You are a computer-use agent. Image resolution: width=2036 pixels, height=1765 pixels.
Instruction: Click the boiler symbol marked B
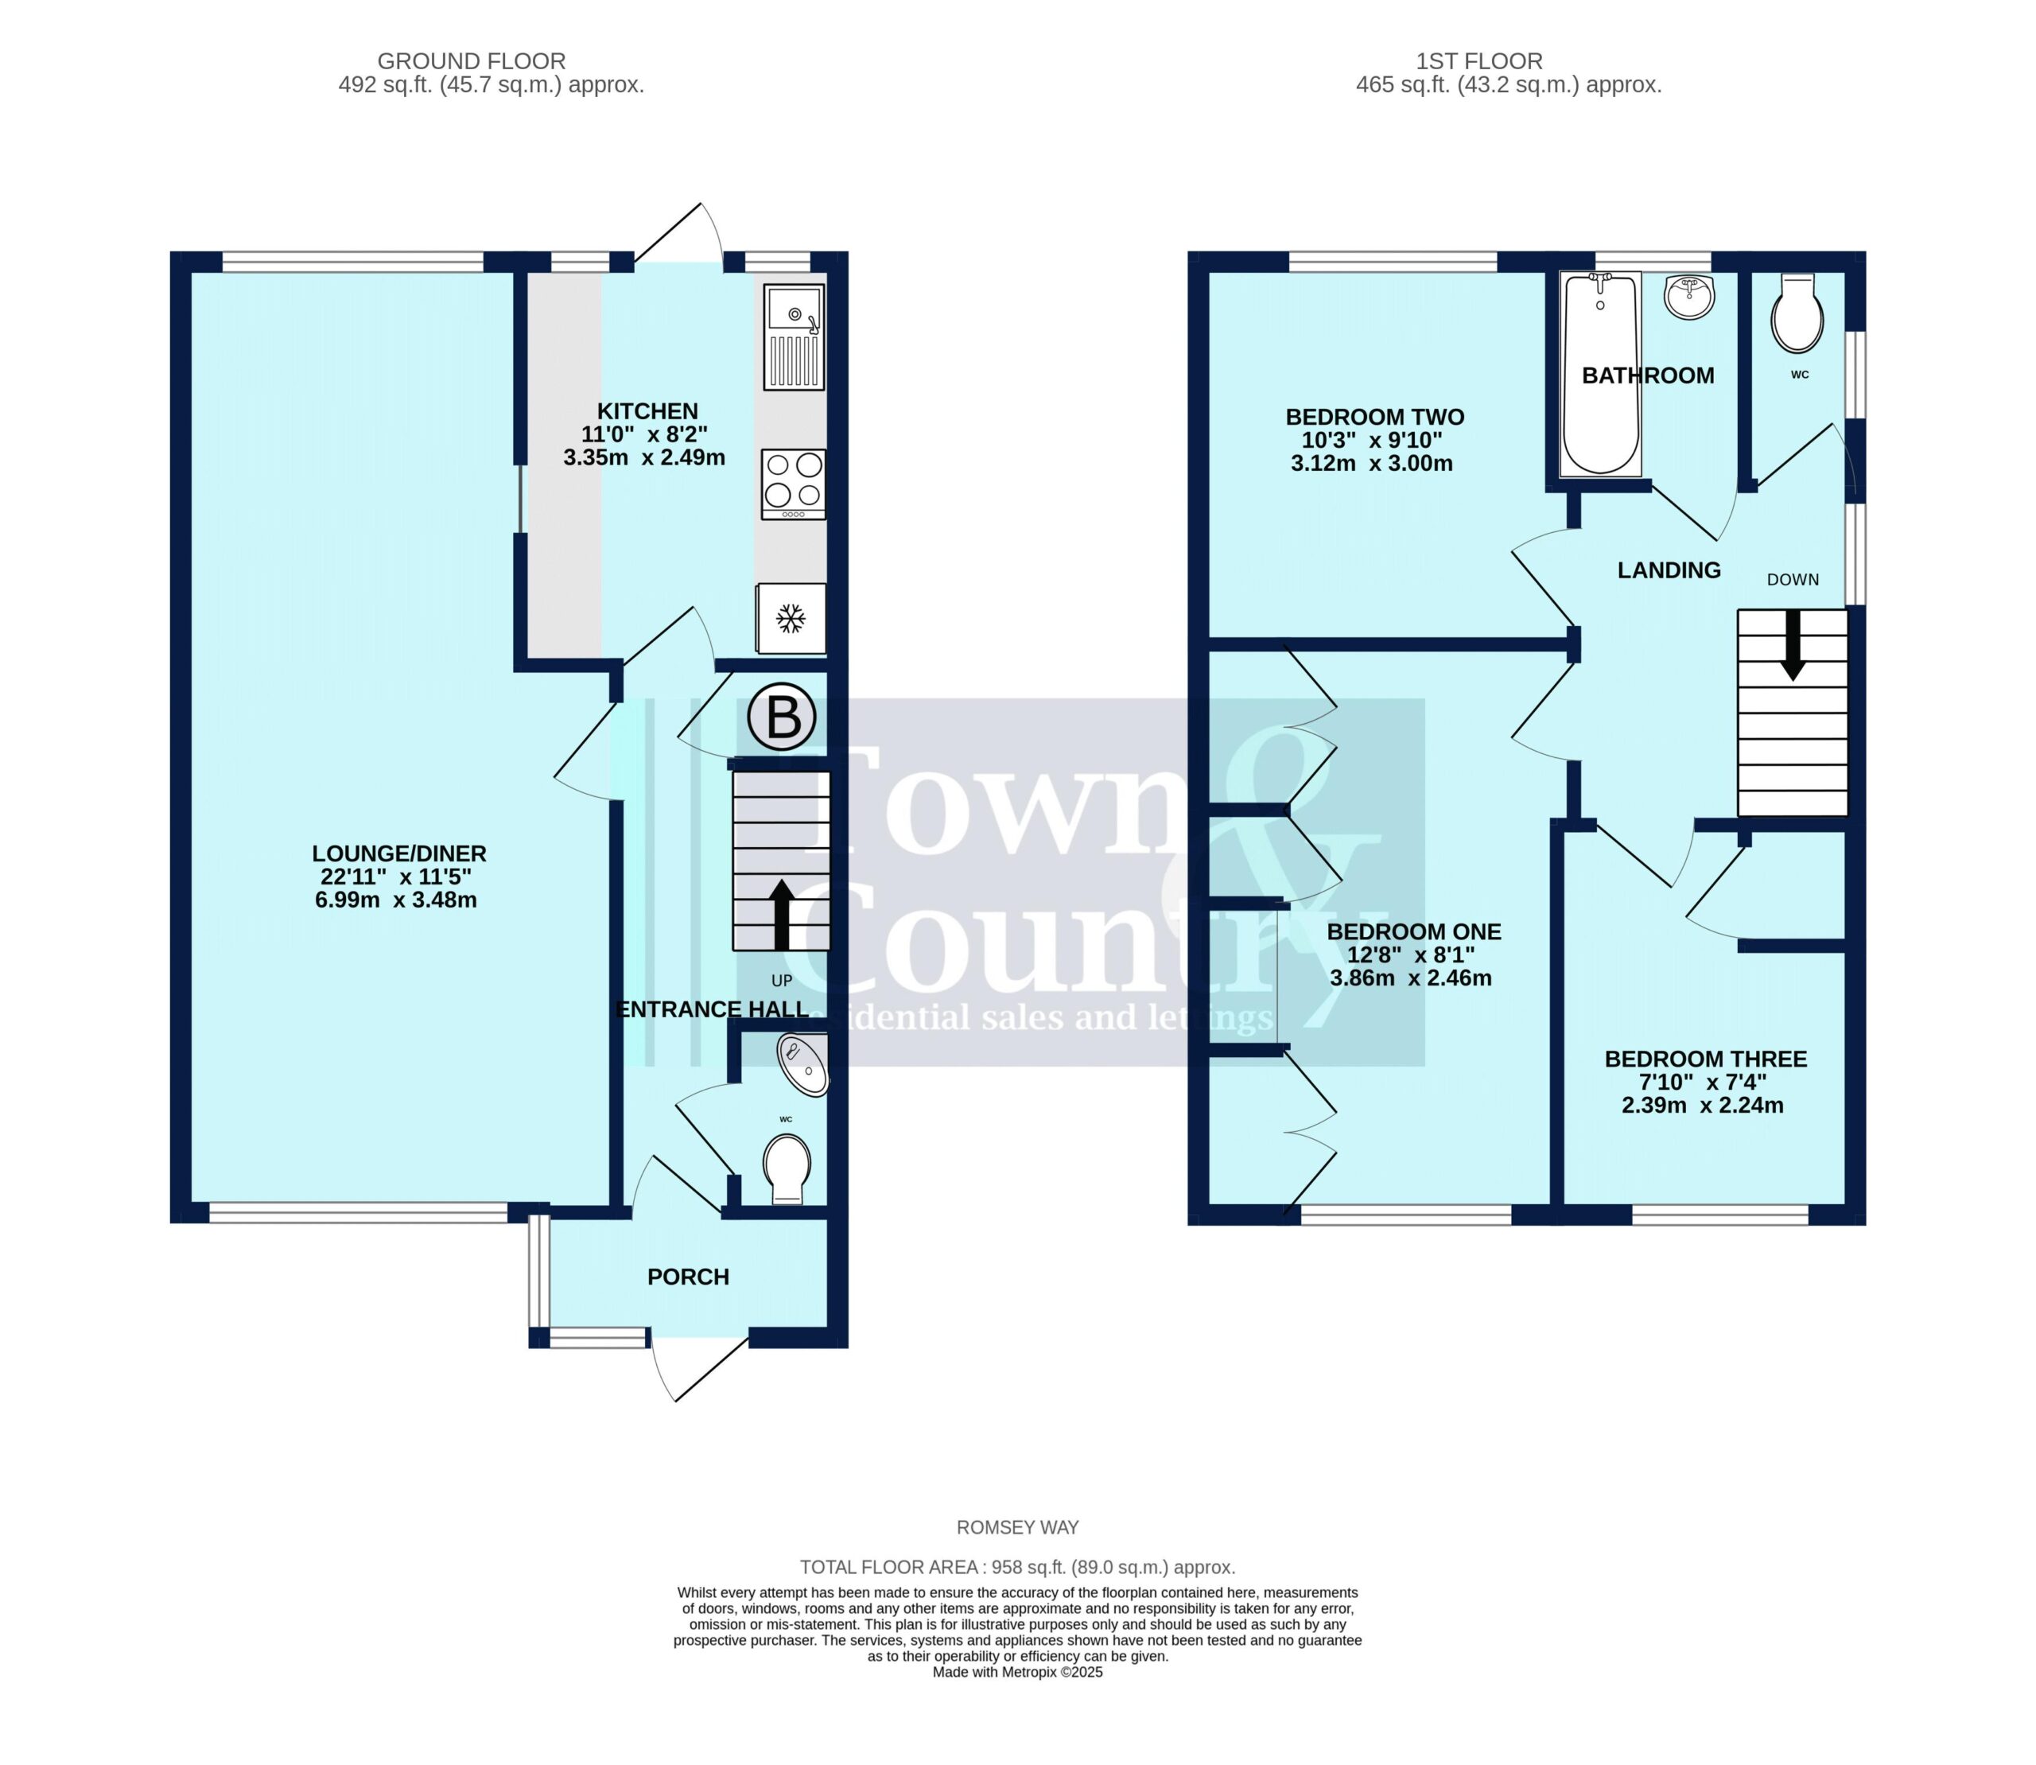click(782, 716)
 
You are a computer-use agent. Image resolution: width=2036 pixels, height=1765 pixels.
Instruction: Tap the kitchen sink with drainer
click(793, 336)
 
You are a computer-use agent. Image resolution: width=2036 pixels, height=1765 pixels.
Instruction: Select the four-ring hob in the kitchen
click(793, 484)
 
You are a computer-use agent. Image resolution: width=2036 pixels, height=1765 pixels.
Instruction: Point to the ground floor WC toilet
click(787, 1169)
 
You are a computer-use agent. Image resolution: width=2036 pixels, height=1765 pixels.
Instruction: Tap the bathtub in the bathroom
click(1601, 375)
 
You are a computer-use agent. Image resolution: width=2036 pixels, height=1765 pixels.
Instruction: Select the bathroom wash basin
click(1689, 297)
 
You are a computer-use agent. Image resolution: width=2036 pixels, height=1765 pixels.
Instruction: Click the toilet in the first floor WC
click(1797, 313)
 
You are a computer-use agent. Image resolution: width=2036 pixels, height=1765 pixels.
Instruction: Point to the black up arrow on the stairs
click(782, 915)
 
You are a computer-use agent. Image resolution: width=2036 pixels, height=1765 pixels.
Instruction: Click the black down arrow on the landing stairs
click(1793, 644)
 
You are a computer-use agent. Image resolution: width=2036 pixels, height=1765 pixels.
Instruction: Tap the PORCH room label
click(689, 1277)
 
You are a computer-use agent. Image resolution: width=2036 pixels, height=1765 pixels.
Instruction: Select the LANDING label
click(1669, 570)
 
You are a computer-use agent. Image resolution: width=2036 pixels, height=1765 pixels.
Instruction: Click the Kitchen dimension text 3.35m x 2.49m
click(644, 458)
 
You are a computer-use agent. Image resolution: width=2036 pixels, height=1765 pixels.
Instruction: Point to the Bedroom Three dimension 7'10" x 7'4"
click(1702, 1083)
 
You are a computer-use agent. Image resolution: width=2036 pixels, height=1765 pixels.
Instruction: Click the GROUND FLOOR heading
click(472, 61)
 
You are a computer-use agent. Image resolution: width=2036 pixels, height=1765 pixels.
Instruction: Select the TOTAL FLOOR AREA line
click(1017, 1567)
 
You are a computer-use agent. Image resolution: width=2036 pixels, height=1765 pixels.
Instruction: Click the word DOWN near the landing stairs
click(1793, 580)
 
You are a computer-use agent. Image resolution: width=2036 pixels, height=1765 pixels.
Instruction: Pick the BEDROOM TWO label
click(1375, 418)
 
